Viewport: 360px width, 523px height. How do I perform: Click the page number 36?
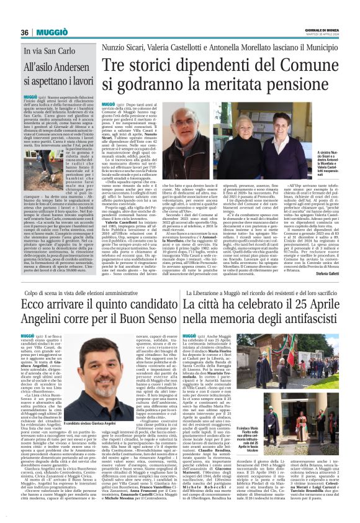tap(25, 32)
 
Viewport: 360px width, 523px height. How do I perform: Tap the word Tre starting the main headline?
tap(114, 65)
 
